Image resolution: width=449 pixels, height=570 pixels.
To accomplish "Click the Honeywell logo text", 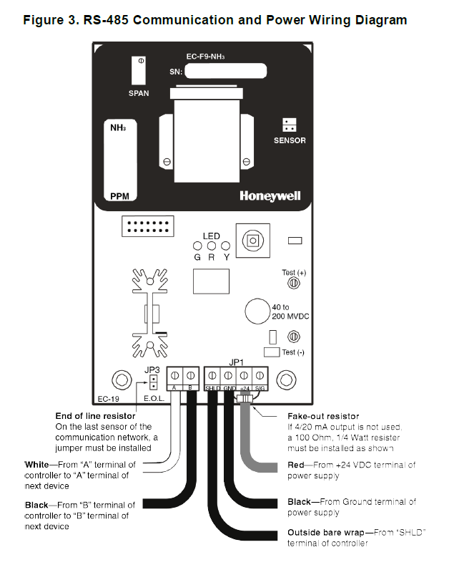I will [270, 195].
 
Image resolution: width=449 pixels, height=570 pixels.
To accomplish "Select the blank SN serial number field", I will [225, 72].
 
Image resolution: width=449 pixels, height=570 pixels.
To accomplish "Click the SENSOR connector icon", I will [289, 124].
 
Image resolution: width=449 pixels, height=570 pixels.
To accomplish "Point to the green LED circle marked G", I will [198, 247].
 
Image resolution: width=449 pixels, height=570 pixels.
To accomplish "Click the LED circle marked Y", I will [226, 247].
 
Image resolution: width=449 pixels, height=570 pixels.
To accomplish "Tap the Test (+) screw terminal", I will [292, 284].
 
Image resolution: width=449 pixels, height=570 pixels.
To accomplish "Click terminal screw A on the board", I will [175, 375].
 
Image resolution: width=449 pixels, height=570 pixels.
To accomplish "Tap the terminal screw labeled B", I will [190, 375].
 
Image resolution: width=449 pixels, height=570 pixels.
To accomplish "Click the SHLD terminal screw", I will [212, 375].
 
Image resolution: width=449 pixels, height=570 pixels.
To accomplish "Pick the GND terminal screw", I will [228, 375].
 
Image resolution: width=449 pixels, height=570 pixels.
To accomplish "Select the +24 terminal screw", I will [244, 375].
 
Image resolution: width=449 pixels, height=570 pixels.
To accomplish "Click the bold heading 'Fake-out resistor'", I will [323, 416].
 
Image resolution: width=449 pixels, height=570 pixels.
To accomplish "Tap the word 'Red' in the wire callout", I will [297, 465].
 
